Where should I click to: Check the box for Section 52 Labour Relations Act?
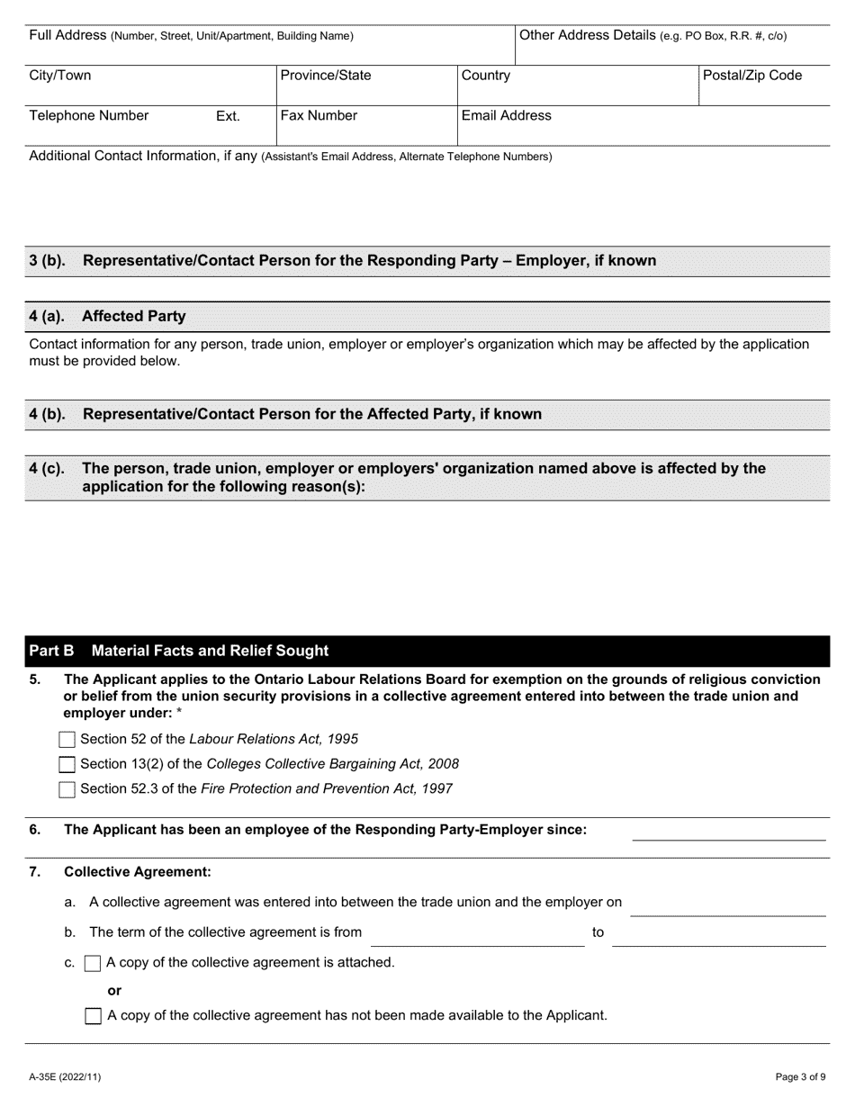[67, 740]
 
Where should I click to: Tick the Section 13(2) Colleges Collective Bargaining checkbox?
[67, 765]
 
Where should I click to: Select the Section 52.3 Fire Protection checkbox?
[67, 789]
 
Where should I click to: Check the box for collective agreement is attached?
[92, 964]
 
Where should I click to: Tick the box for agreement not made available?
[93, 1016]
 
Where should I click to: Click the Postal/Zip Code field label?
[751, 76]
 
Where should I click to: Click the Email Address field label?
[506, 116]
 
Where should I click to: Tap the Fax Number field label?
[319, 116]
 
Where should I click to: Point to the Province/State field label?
[325, 76]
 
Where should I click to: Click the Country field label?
[486, 76]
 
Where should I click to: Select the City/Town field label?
[60, 76]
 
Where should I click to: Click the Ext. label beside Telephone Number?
[228, 116]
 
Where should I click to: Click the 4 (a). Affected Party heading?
[108, 316]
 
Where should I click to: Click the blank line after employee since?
[728, 832]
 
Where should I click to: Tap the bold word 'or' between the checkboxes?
[114, 990]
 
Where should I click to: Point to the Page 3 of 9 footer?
[800, 1076]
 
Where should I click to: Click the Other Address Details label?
[653, 36]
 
